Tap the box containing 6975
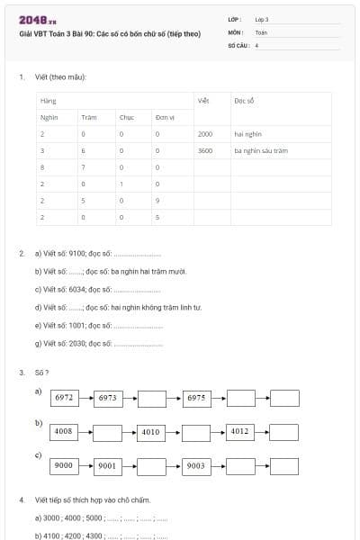pos(196,397)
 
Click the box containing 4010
pos(151,432)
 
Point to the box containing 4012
pos(240,432)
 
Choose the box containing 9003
pos(196,466)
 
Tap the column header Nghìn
pos(49,117)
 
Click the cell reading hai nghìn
pos(247,133)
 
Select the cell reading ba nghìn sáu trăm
pos(261,150)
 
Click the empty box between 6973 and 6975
pos(152,397)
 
